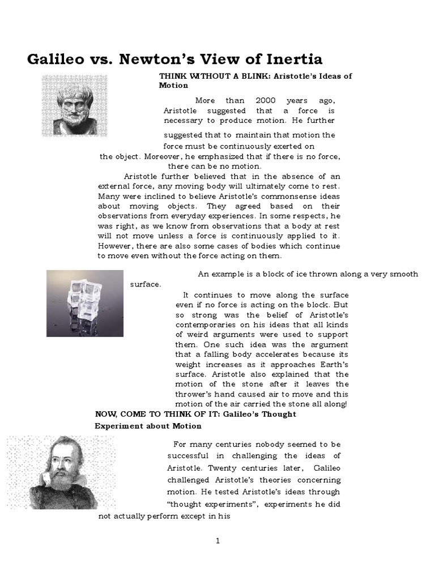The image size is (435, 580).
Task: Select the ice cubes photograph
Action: point(85,304)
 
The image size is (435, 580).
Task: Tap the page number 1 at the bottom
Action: point(217,541)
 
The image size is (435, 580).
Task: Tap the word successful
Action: point(190,456)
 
